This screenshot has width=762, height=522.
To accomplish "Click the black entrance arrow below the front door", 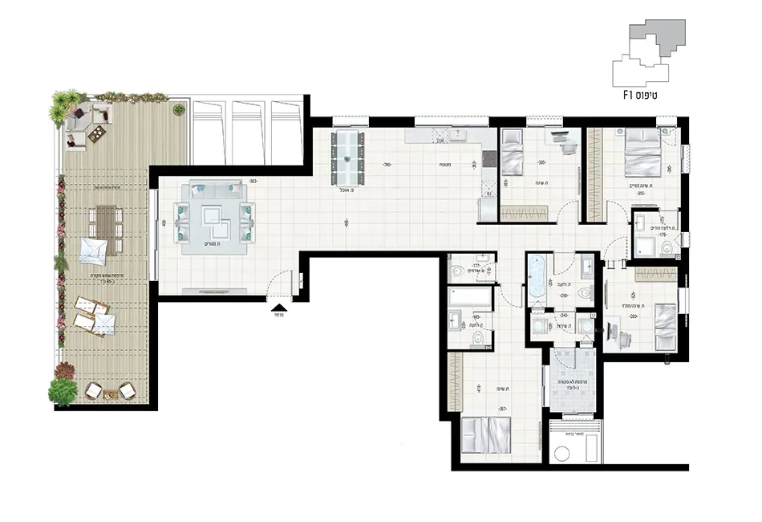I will click(278, 306).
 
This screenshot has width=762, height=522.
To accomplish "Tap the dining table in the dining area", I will click(347, 157).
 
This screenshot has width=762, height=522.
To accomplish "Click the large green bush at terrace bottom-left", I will click(62, 391).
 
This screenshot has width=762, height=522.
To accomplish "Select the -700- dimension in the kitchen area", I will click(387, 165).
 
